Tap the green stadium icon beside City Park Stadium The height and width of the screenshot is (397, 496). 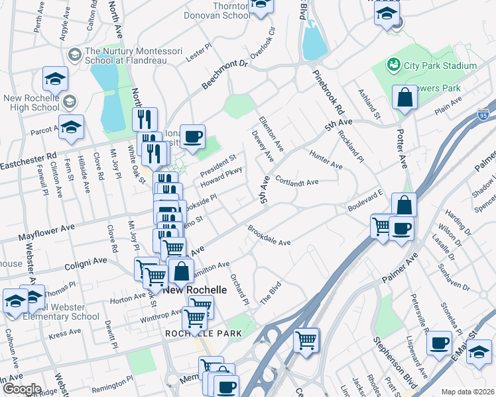pos(395,65)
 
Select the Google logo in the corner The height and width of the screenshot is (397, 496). pos(21,389)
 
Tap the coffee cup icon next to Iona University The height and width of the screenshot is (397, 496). pos(192,136)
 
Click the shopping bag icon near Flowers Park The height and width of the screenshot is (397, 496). pos(404,98)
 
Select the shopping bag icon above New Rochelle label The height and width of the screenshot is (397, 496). pos(181,271)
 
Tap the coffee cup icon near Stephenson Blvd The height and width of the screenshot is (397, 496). pos(439,344)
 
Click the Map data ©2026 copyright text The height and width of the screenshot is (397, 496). pos(467,391)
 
